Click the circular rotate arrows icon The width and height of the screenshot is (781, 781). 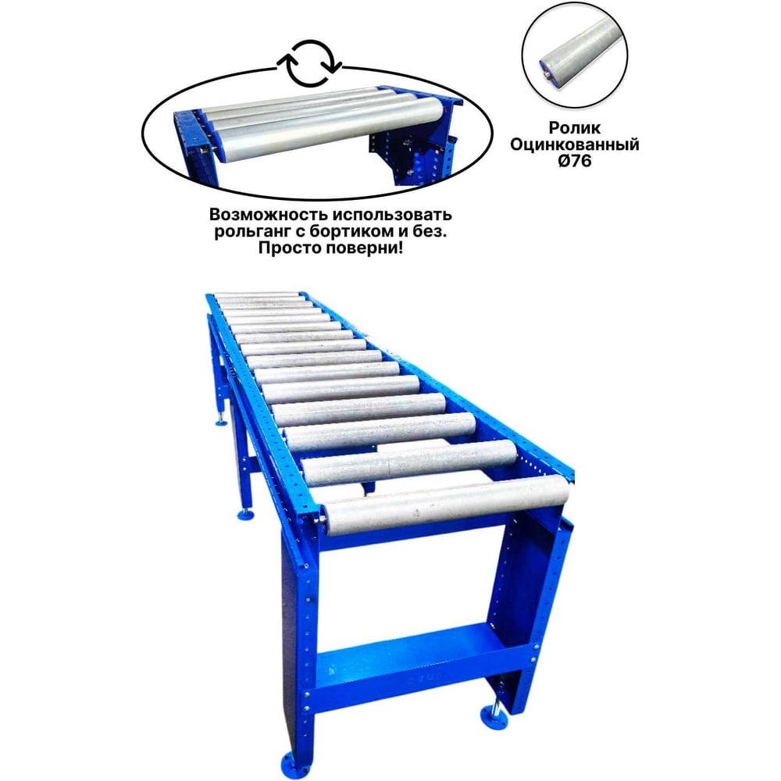[309, 63]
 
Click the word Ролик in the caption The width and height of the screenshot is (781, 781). [574, 128]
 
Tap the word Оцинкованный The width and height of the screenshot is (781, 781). [574, 144]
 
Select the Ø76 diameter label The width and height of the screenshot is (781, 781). [574, 161]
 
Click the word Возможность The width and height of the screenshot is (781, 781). [269, 215]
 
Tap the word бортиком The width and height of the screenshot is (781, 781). [351, 232]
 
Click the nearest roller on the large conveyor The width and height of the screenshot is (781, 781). [446, 504]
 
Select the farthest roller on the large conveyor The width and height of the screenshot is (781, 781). [256, 294]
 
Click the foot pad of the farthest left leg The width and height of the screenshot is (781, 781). [221, 423]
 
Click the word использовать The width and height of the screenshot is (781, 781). [393, 215]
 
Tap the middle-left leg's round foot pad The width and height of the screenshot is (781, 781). [244, 514]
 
